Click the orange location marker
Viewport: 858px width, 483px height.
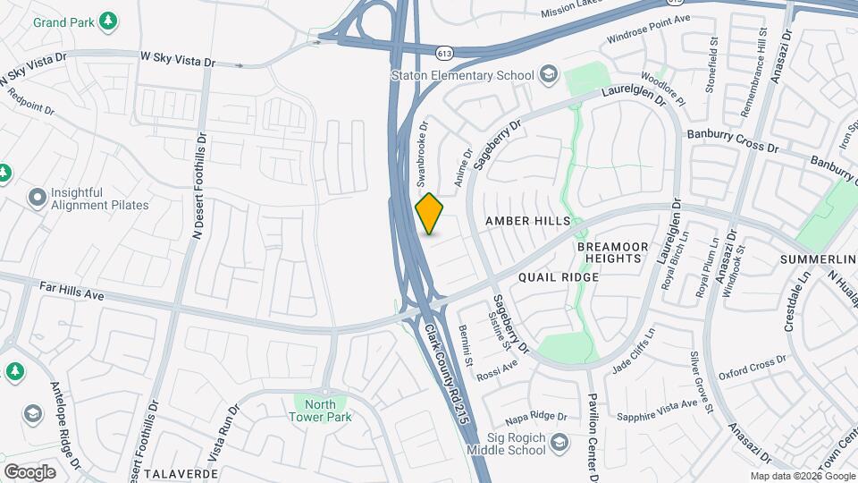(430, 214)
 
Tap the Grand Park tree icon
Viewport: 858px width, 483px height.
(108, 20)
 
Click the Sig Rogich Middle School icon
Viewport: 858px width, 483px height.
(559, 443)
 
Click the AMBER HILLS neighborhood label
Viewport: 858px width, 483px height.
(526, 220)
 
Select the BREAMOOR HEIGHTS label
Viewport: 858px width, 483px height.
(609, 251)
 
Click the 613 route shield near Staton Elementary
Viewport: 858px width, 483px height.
(443, 54)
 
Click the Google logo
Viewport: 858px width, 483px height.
(29, 471)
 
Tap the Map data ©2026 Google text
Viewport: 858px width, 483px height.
(802, 476)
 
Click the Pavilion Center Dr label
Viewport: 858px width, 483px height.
(591, 420)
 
